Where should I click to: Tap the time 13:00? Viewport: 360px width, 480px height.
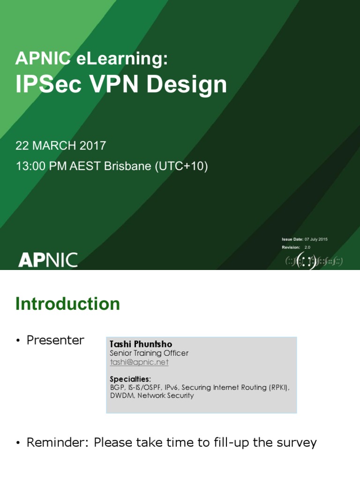point(29,166)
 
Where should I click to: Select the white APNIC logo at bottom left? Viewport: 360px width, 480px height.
point(48,260)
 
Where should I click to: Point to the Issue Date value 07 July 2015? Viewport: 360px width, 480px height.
point(316,240)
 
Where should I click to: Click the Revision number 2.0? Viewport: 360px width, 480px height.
point(307,247)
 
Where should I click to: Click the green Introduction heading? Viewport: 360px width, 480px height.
point(67,304)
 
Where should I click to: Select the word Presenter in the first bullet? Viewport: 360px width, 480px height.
point(55,340)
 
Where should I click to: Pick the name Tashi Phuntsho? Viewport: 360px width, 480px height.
point(141,345)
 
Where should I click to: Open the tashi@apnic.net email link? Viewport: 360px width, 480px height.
point(139,362)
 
